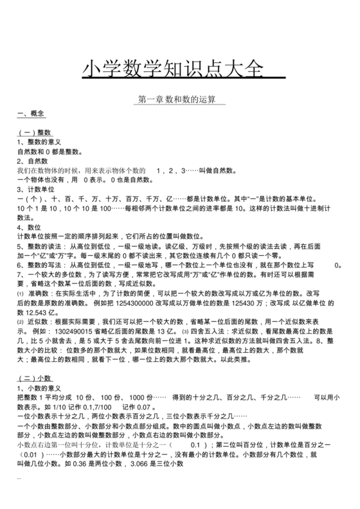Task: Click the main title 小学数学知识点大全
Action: tap(174, 69)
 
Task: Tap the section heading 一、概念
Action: tap(31, 114)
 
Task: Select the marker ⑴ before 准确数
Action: tap(20, 293)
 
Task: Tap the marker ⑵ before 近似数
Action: tap(20, 321)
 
